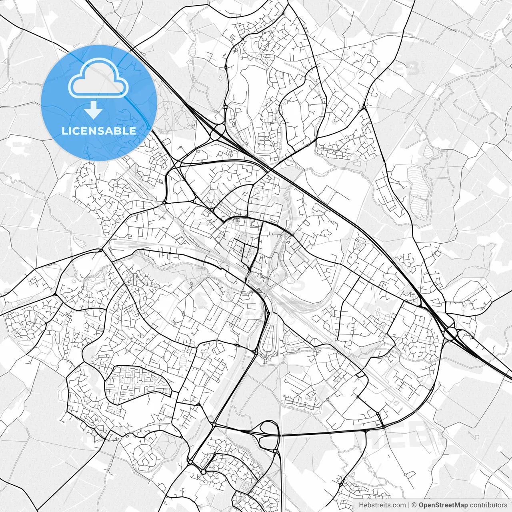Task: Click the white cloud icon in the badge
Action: pos(98,78)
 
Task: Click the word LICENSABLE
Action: pos(98,131)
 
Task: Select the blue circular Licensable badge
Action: pos(98,103)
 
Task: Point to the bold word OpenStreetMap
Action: pos(443,505)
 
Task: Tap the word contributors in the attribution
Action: pos(488,505)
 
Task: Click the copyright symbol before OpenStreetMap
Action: pos(414,505)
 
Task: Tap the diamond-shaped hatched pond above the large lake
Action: pos(428,151)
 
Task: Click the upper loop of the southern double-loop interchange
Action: pos(270,428)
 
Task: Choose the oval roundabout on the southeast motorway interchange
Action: pos(451,333)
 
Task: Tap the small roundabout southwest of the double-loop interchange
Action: pos(203,472)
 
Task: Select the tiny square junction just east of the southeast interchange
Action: pos(472,338)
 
